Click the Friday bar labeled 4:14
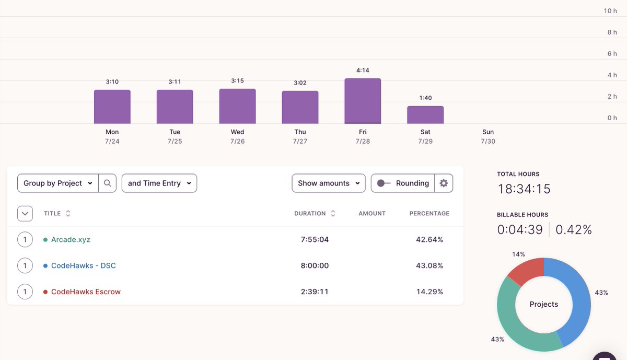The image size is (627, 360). (363, 101)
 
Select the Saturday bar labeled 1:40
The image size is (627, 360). (425, 115)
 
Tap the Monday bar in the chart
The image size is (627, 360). (112, 107)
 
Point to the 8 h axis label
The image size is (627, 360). (612, 32)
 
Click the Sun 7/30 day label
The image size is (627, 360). (488, 136)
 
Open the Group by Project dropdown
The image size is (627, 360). (58, 183)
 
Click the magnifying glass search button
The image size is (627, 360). (107, 183)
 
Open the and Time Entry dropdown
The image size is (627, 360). (159, 183)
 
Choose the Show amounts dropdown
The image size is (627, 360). (329, 183)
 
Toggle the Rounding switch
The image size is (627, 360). (384, 183)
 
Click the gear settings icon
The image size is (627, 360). (444, 183)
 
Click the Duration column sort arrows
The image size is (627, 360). (333, 213)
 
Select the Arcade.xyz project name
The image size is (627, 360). (71, 240)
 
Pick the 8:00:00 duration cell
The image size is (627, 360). (315, 265)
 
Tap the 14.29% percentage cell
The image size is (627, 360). (429, 292)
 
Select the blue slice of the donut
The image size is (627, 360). (574, 299)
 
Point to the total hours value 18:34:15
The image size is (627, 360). (524, 189)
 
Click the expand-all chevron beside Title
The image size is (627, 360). (25, 214)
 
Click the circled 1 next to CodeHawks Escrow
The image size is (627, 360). (25, 292)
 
